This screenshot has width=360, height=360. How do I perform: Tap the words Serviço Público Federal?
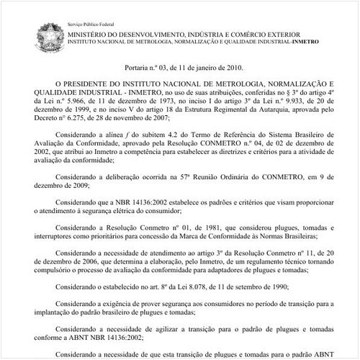(93, 24)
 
